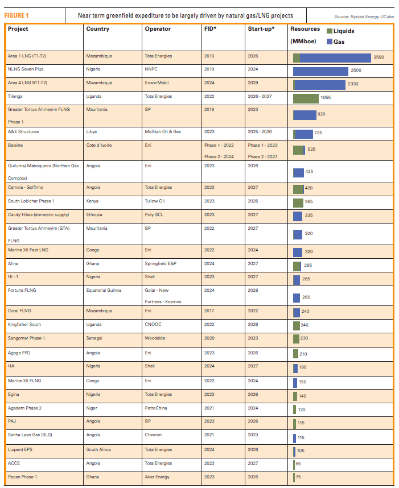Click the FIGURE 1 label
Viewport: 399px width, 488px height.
click(x=17, y=15)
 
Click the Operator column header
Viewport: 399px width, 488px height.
click(x=158, y=29)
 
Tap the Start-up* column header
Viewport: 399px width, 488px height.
click(x=261, y=29)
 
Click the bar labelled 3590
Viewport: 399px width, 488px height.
click(x=332, y=57)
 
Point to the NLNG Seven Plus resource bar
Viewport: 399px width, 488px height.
click(x=320, y=71)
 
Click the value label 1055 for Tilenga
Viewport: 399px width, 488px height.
click(x=325, y=98)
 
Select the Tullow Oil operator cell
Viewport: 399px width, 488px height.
click(x=155, y=201)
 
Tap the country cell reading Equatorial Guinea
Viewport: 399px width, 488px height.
click(x=103, y=290)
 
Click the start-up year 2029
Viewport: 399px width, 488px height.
click(x=253, y=82)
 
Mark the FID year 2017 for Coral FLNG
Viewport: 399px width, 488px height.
click(x=209, y=311)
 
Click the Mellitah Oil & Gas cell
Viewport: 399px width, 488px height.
click(x=163, y=131)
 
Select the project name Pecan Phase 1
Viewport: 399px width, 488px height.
click(x=23, y=477)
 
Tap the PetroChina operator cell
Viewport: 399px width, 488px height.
click(x=156, y=408)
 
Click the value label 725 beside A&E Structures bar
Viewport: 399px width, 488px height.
click(x=318, y=133)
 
